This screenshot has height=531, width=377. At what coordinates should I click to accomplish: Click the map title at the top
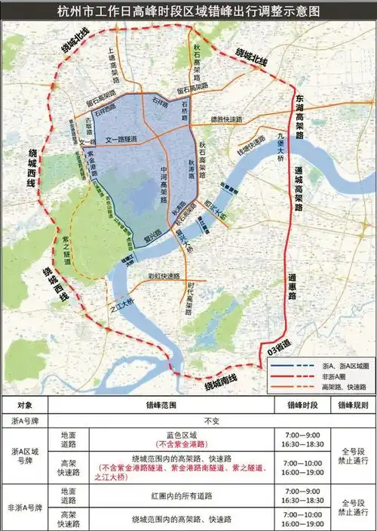tap(188, 12)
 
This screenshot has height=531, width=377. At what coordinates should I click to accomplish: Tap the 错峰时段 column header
tap(305, 406)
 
